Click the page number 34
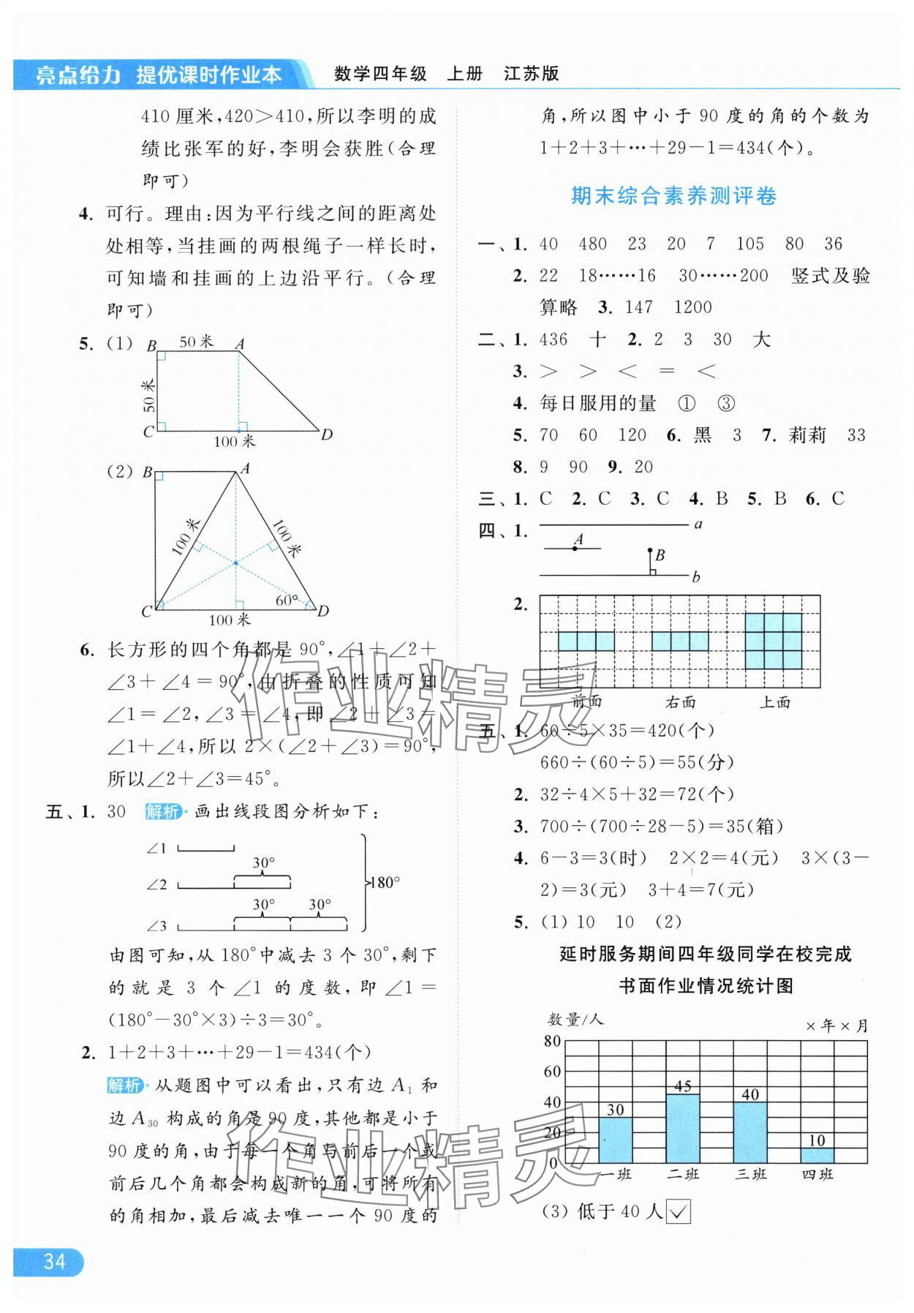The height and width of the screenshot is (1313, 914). tap(54, 1262)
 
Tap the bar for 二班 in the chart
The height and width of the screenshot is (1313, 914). tap(683, 1128)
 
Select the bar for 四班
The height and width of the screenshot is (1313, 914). tap(817, 1155)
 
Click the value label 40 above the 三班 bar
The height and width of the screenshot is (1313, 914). tap(750, 1094)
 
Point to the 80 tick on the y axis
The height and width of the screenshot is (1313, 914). tap(553, 1041)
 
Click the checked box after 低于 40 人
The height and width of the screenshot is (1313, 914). tap(679, 1212)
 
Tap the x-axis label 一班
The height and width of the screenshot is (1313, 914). tap(615, 1174)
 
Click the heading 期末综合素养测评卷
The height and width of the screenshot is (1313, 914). tap(673, 196)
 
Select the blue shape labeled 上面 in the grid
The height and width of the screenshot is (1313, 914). tap(774, 641)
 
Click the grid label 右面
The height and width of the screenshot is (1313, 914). tap(680, 702)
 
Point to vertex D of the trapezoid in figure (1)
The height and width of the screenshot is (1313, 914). tap(326, 434)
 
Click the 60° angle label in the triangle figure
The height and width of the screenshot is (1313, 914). tap(287, 601)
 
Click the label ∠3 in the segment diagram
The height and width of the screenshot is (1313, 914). tap(156, 926)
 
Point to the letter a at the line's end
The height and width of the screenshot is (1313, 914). tap(698, 524)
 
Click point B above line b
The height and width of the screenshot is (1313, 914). tap(649, 551)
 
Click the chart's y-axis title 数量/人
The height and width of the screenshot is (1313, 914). tap(575, 1019)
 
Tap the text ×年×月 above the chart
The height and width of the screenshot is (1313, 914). tap(836, 1026)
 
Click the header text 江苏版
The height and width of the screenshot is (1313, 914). tap(532, 73)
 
